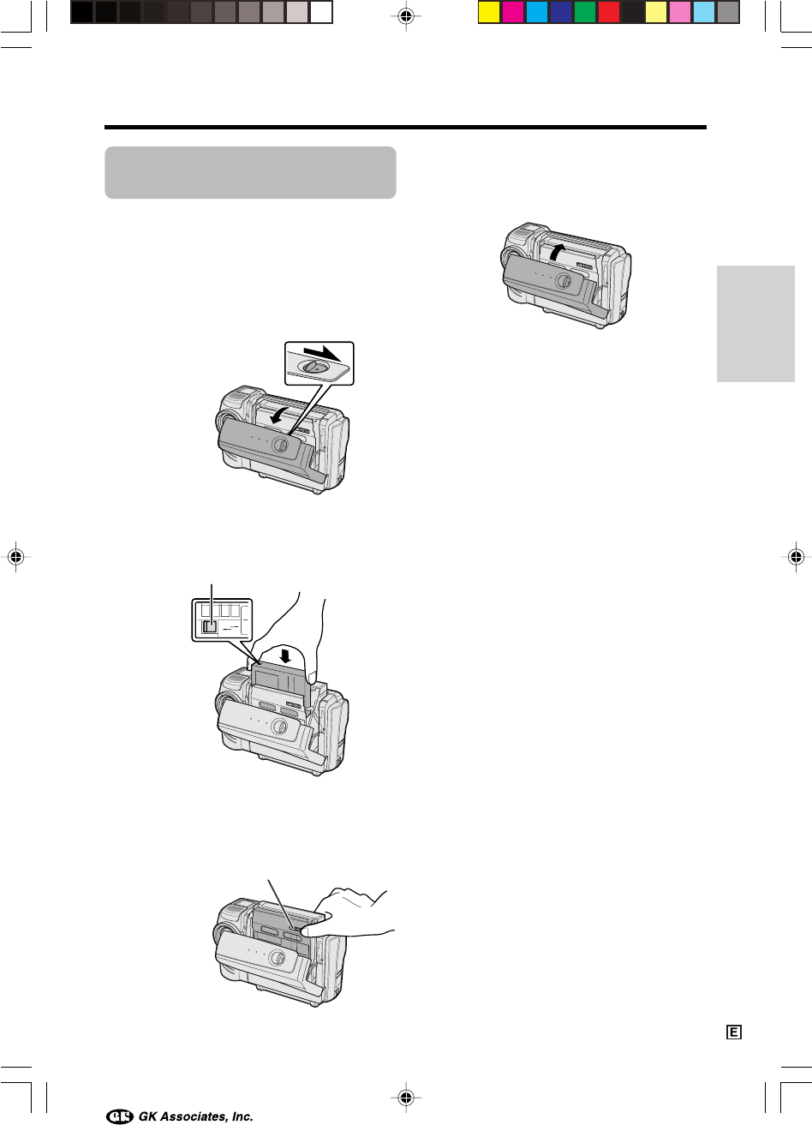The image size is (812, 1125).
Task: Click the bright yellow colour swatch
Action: (488, 13)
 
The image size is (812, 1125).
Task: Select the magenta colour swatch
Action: (513, 13)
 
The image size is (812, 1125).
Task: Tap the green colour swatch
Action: (584, 13)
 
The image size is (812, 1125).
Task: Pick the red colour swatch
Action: (609, 13)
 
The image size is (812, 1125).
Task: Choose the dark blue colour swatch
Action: (560, 13)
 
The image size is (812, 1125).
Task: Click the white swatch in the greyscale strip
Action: (321, 13)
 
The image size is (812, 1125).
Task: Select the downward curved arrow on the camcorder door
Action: (278, 416)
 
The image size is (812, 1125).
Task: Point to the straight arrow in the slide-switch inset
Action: (322, 353)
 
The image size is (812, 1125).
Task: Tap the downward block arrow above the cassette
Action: (286, 655)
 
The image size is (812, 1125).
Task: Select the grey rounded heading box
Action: (250, 172)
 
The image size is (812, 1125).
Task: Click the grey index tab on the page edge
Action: (755, 323)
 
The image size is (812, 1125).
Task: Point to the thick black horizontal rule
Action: (405, 128)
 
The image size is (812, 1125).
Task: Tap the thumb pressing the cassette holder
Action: (315, 930)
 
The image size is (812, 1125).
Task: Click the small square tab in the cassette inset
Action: (210, 626)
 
